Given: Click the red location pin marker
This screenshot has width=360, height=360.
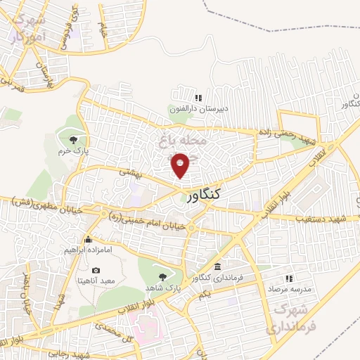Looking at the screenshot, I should pos(181,166).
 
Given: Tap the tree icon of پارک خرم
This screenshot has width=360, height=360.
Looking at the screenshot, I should pos(75,136).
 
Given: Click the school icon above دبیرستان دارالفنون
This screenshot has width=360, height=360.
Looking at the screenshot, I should pos(198,97).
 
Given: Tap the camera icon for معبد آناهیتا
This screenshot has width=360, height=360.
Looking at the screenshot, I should pos(96,270).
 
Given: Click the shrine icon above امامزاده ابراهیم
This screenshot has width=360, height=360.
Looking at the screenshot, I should pos(87,240).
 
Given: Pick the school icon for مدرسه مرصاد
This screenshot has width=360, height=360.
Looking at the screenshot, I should pos(288,278).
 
